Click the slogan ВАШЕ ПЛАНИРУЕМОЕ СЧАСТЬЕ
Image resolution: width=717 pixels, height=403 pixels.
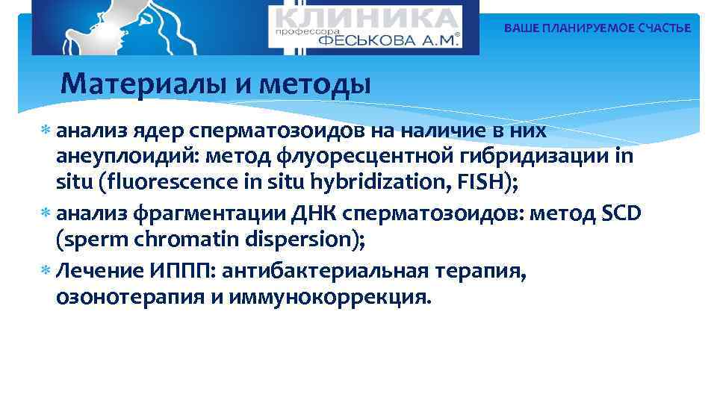click(x=597, y=28)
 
